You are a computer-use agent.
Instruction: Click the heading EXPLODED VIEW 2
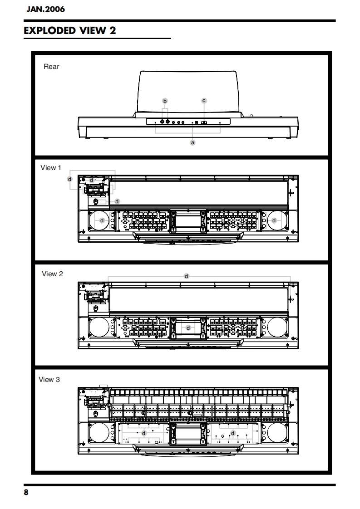coord(70,30)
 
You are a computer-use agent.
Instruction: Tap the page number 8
coord(26,493)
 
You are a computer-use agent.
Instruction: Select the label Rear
coord(51,66)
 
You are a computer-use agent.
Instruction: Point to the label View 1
coord(51,168)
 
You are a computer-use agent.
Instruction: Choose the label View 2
coord(52,274)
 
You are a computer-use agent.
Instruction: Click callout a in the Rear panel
coord(192,142)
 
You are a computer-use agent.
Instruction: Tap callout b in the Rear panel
coord(165,100)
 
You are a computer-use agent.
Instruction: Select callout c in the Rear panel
coord(204,100)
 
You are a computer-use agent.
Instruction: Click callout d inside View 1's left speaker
coord(102,220)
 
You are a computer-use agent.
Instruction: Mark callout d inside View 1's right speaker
coord(274,220)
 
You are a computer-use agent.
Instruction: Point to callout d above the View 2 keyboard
coord(186,276)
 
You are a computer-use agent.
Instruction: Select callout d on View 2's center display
coord(188,328)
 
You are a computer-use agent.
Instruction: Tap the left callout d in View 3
coord(144,433)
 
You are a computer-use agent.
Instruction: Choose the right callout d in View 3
coord(232,433)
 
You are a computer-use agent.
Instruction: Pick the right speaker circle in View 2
coord(276,327)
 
